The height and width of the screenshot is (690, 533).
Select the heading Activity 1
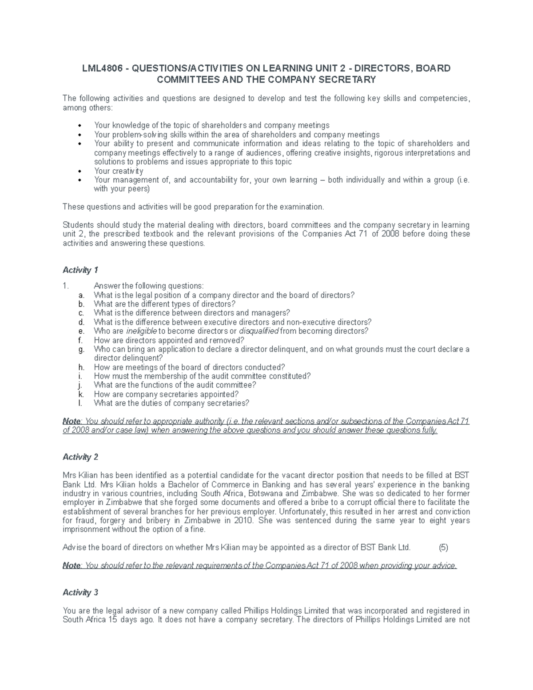80,270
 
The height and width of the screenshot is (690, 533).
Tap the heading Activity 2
80,457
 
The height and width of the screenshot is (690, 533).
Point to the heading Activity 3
80,592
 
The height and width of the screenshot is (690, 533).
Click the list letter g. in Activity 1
81,349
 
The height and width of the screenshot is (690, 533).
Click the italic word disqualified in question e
259,331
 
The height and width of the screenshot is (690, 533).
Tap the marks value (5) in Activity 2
443,547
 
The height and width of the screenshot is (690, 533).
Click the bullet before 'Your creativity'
80,172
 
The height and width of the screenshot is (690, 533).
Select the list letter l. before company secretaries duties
80,403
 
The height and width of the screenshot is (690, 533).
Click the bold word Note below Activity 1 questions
72,421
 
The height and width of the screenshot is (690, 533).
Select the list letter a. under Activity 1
81,295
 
